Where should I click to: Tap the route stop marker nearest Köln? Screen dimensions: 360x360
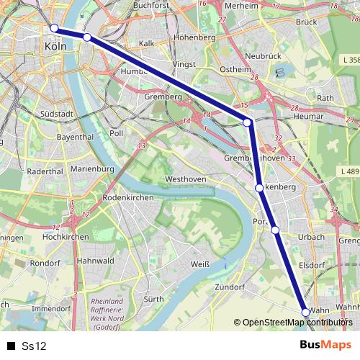(54, 28)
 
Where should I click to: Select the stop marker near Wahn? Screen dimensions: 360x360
(305, 312)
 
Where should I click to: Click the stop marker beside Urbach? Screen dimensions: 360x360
(275, 230)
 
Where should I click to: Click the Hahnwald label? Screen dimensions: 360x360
(96, 261)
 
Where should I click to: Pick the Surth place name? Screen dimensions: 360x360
(153, 299)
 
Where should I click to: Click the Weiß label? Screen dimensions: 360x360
(199, 264)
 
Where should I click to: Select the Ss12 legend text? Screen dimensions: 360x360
(34, 346)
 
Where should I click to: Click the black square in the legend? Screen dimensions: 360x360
(11, 346)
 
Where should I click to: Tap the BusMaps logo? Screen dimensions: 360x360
(325, 346)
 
